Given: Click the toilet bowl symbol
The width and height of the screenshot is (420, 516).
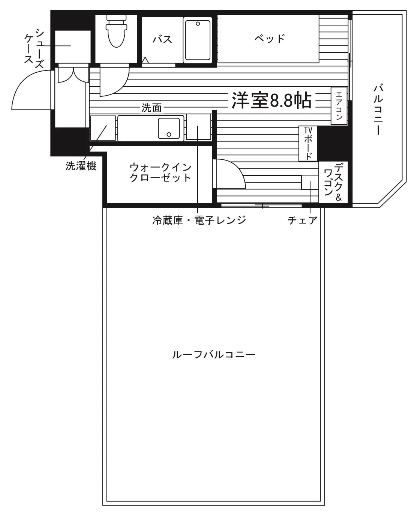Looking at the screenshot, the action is pyautogui.click(x=117, y=31).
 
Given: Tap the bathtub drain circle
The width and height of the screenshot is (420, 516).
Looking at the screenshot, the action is pyautogui.click(x=198, y=24).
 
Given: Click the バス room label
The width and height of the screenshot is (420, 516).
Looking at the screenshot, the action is pyautogui.click(x=162, y=39).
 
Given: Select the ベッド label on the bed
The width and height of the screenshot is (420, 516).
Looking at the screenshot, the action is pyautogui.click(x=270, y=38).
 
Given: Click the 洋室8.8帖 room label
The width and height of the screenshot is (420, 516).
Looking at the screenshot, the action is pyautogui.click(x=271, y=100).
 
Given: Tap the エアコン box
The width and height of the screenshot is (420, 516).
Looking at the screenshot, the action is pyautogui.click(x=339, y=106).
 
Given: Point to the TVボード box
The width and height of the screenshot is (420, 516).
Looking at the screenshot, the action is pyautogui.click(x=308, y=143).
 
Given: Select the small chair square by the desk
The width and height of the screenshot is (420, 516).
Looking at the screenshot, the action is pyautogui.click(x=310, y=182).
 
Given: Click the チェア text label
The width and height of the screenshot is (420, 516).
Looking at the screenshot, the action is pyautogui.click(x=303, y=220).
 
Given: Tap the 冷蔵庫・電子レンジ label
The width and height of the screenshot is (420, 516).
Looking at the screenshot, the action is pyautogui.click(x=199, y=220).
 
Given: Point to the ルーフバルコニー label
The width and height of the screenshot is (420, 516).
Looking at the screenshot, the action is pyautogui.click(x=214, y=355).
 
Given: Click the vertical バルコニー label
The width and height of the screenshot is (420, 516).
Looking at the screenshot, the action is pyautogui.click(x=378, y=109).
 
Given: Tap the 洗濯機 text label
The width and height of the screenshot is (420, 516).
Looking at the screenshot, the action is pyautogui.click(x=81, y=166).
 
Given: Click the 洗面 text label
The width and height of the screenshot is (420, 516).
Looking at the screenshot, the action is pyautogui.click(x=151, y=108).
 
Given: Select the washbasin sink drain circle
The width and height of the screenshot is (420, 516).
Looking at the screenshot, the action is pyautogui.click(x=169, y=135).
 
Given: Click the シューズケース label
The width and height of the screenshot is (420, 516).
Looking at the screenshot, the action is pyautogui.click(x=34, y=48).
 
